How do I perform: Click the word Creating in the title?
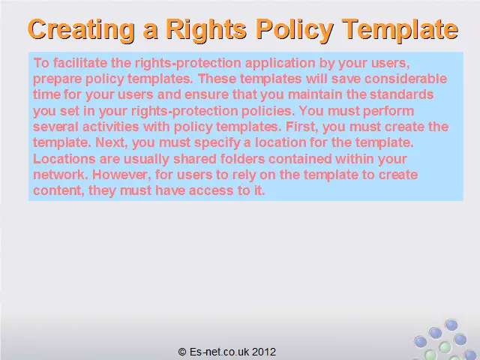coord(81,30)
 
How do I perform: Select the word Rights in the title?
coord(206,30)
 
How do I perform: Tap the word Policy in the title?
coord(295,30)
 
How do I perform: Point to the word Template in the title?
coord(400,30)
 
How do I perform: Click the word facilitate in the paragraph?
coord(80,63)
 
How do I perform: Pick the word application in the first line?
coord(280,64)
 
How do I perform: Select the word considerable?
coord(406,79)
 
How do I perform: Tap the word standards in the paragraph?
coord(402,94)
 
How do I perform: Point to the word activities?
coord(110,127)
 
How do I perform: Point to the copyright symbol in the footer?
coord(182,352)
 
